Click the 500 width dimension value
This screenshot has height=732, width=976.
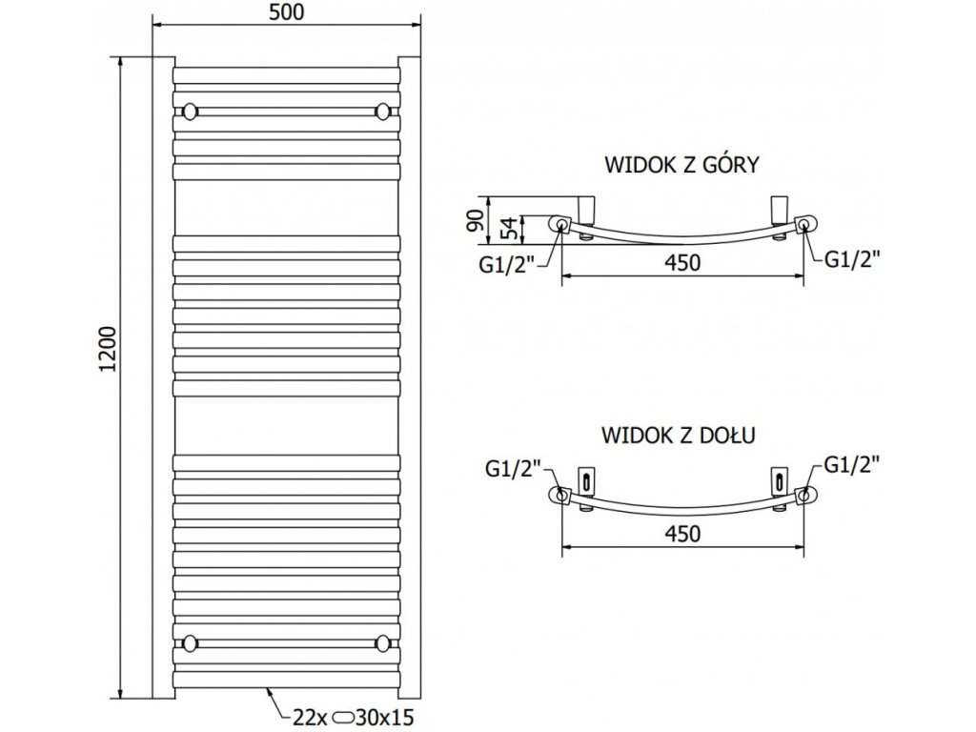coord(287,12)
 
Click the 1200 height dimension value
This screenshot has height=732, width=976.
coord(108,349)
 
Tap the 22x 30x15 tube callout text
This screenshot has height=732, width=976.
coord(353,718)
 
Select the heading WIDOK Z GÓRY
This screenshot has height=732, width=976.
coord(682,165)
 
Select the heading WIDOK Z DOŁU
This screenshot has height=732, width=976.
coord(679,435)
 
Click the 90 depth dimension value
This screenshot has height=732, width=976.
coord(477,221)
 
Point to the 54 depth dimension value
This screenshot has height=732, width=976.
coord(509,229)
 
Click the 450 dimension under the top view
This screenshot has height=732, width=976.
coord(682,263)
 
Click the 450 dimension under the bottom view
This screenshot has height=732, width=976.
coord(682,534)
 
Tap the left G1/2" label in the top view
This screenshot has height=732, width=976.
coord(507,265)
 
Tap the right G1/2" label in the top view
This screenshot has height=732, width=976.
coord(853,258)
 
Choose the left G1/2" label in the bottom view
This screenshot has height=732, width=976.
coord(514,468)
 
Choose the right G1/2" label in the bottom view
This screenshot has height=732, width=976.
coord(851,464)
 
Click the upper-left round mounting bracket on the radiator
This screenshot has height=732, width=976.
coord(190,112)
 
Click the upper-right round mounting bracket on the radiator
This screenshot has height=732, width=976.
coord(383,112)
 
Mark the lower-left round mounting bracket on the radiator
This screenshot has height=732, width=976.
coord(190,643)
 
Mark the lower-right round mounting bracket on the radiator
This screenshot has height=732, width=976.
coord(383,643)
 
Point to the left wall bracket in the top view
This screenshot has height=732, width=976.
coord(586,211)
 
